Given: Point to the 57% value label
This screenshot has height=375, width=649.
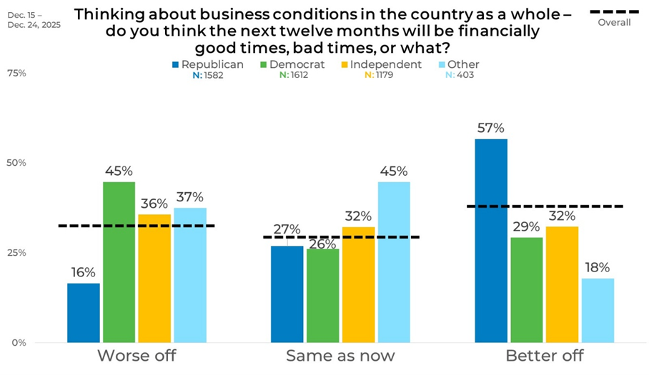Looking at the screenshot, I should pos(491,129).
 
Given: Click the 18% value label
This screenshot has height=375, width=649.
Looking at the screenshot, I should pos(597,268).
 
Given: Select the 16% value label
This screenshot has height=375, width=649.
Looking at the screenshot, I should pos(84,273).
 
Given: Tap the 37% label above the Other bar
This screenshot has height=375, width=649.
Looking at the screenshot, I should pos(189,197).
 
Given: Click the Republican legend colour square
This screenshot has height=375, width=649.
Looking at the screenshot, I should pos(176,64).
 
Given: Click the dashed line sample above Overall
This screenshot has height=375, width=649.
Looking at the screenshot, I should pos(614,11).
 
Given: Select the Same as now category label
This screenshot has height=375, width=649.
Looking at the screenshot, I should pos(340,356).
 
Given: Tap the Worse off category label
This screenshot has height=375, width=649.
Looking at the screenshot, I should pos(136,356).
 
